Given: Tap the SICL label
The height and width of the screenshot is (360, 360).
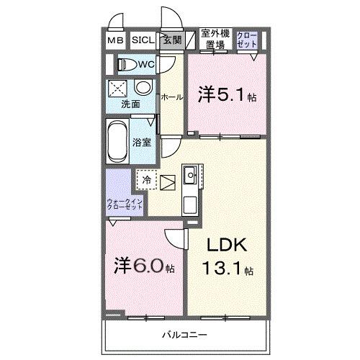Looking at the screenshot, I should (142, 41).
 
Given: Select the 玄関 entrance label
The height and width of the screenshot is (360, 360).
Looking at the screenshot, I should (171, 41).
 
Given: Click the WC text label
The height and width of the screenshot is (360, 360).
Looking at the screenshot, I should (147, 65).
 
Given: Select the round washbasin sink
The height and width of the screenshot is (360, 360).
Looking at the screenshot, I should (143, 88).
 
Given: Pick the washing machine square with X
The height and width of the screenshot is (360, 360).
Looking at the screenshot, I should (117, 89).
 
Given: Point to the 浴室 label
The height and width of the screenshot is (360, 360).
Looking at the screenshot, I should (143, 141).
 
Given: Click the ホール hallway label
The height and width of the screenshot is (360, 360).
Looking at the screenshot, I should (171, 96).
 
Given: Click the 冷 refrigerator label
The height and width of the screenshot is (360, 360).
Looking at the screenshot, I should (147, 180).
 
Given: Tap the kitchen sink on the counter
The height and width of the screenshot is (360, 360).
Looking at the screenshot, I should (191, 174).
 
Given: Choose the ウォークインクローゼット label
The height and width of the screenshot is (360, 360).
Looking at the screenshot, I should (124, 203).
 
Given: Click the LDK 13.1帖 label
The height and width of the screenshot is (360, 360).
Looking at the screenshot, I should (228, 257).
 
